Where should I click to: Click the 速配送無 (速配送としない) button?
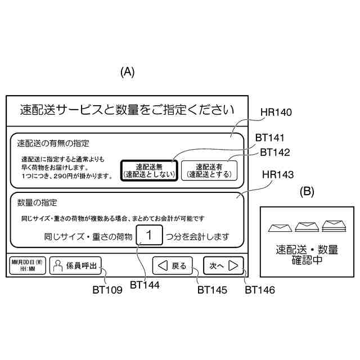pos(149,170)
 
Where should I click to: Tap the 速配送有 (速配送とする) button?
pos(209,170)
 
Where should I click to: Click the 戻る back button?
pos(173,265)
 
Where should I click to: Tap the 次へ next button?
pos(223,265)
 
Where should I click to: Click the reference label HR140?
pos(276,112)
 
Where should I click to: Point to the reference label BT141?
pos(269,137)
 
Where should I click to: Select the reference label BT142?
pos(274,152)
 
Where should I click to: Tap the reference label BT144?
pos(144,285)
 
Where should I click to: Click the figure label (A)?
pos(128,72)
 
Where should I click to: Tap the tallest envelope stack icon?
pos(335,226)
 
